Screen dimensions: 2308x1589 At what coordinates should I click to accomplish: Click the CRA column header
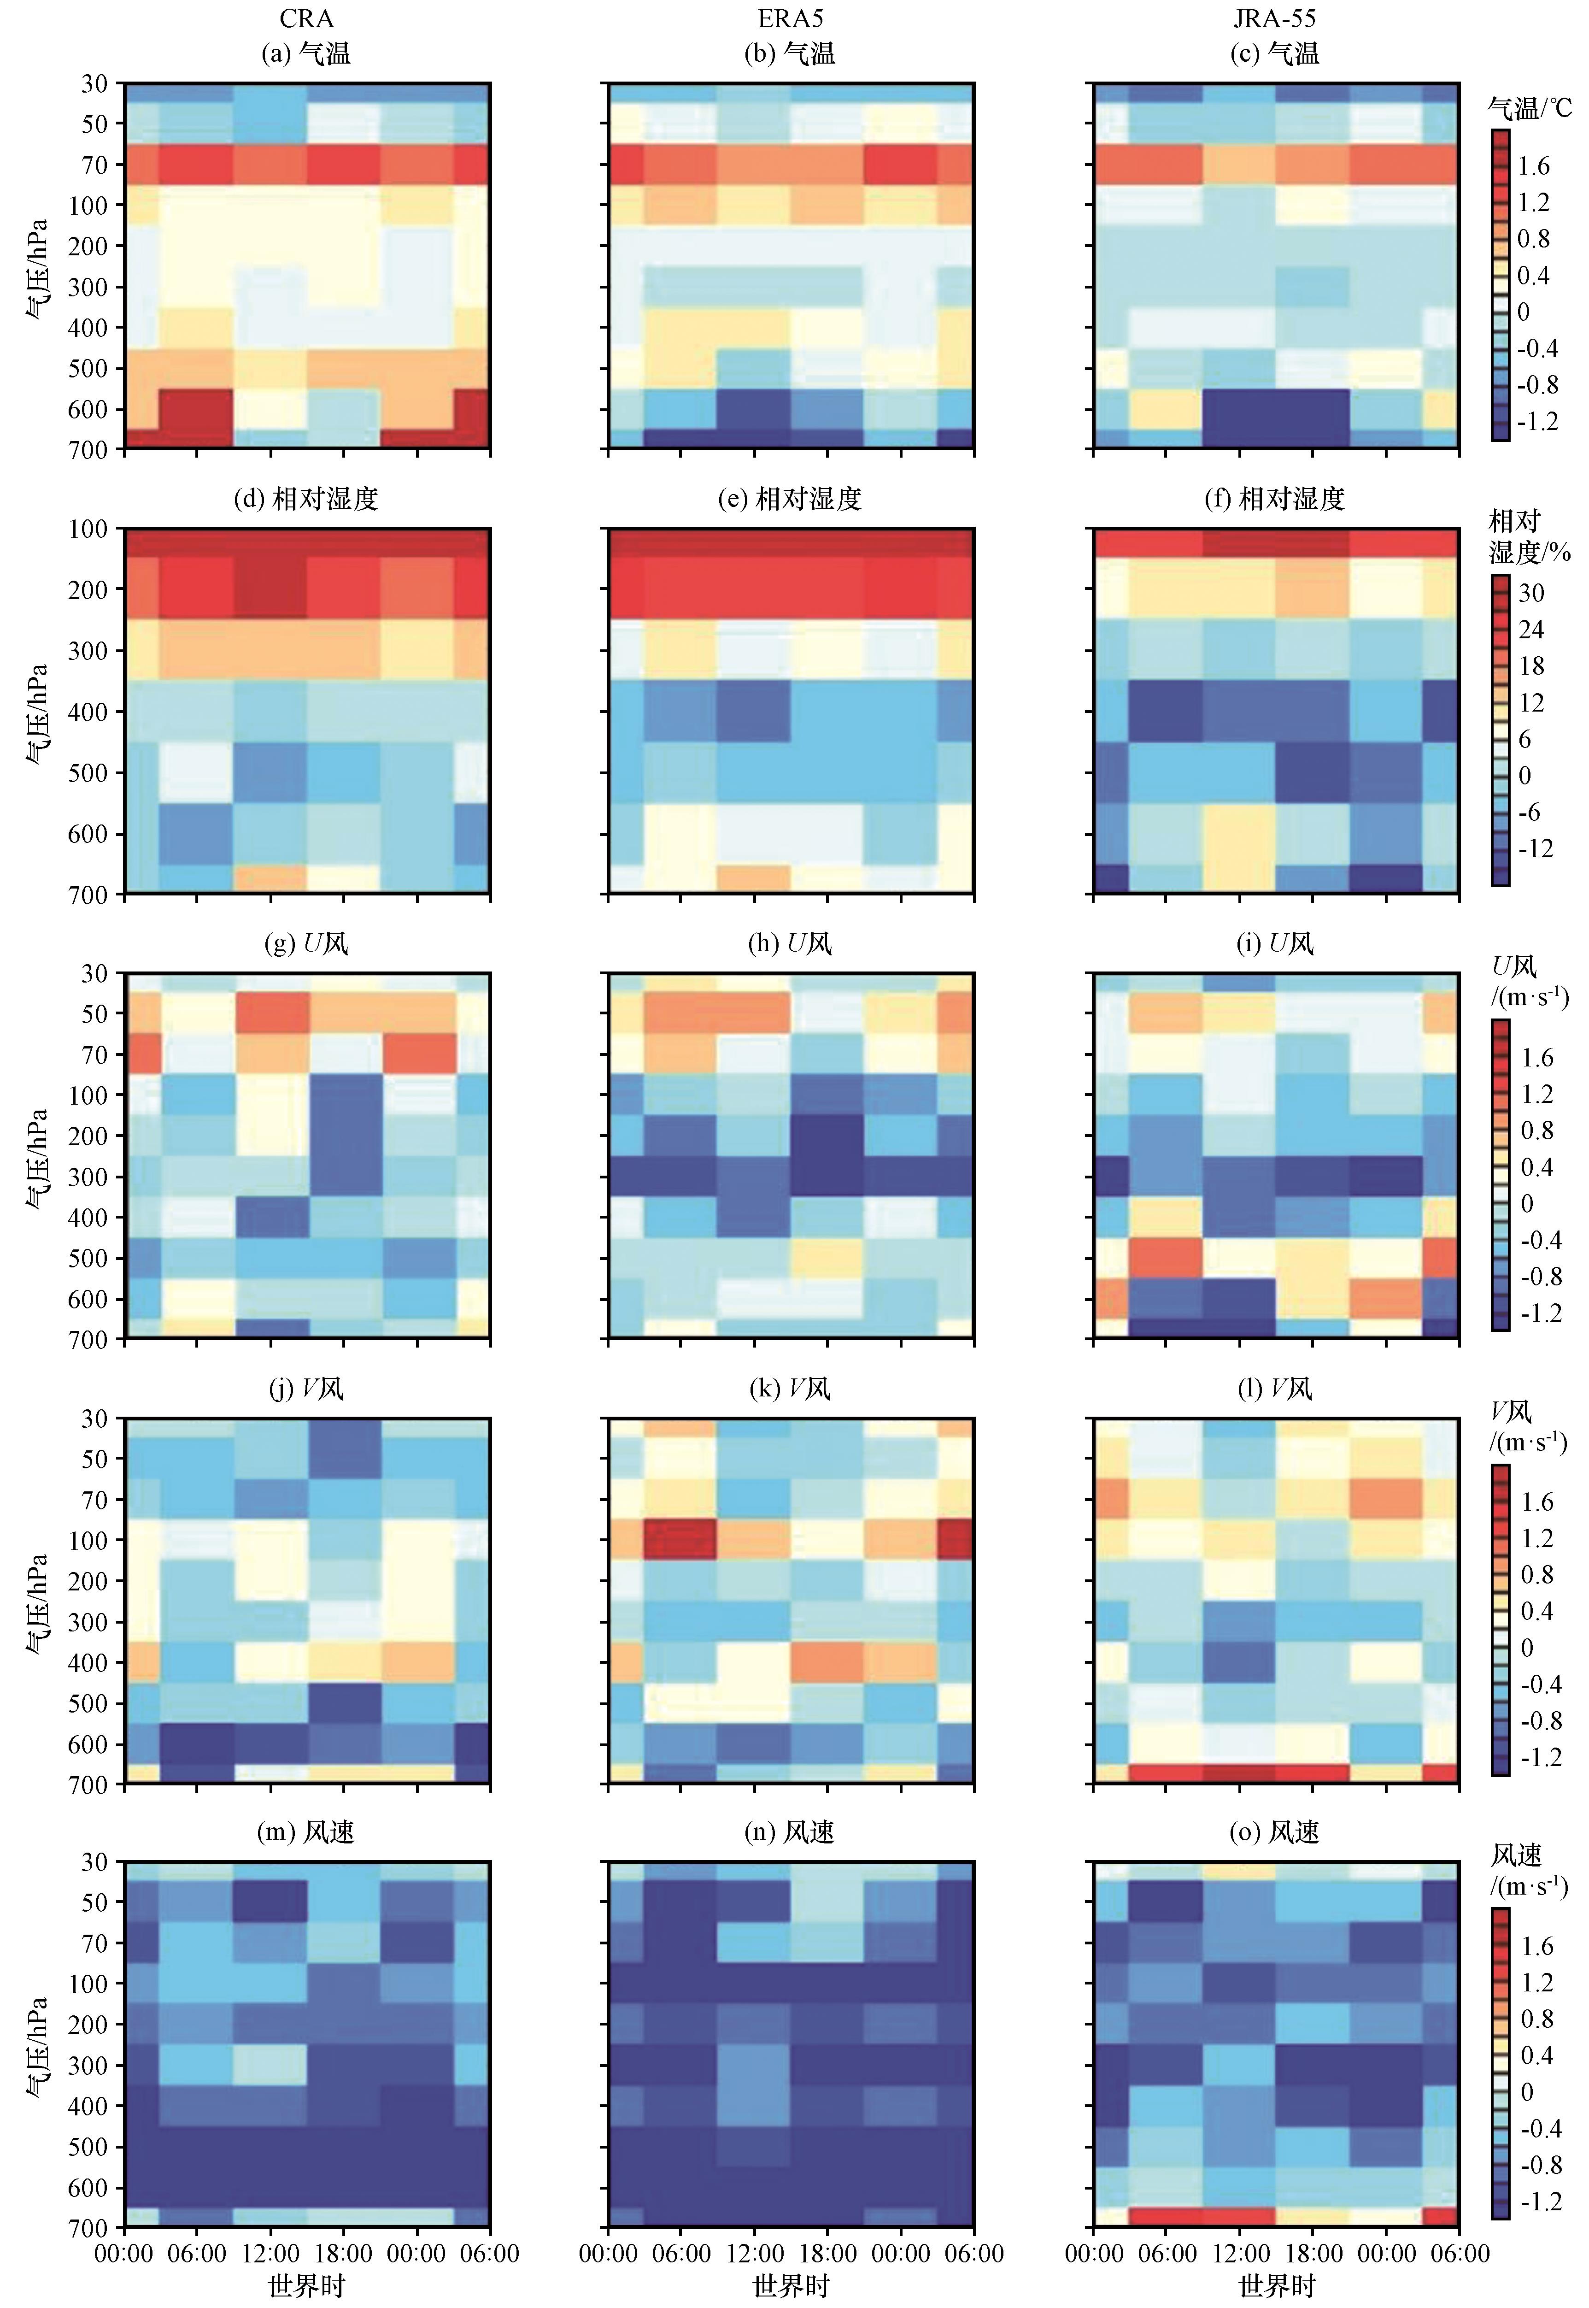pyautogui.click(x=307, y=18)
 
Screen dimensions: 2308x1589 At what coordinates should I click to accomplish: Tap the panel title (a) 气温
pyautogui.click(x=307, y=53)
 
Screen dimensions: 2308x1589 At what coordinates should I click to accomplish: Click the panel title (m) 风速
pyautogui.click(x=307, y=1831)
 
